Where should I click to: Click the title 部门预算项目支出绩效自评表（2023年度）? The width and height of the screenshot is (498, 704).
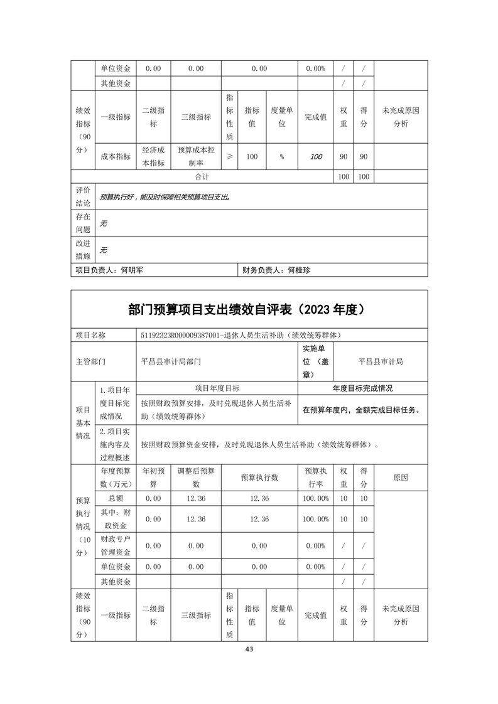click(x=249, y=309)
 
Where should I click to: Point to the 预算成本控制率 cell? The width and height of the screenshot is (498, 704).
click(x=196, y=156)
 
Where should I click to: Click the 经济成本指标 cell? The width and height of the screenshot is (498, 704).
click(x=153, y=156)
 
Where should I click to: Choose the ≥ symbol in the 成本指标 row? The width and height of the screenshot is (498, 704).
click(x=229, y=157)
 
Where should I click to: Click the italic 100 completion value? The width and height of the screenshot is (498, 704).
click(x=316, y=157)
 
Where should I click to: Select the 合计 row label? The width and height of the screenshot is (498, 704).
click(x=202, y=177)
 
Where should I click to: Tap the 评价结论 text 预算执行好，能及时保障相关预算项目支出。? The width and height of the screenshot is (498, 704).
click(x=165, y=196)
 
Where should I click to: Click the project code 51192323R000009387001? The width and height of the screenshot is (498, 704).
click(x=179, y=336)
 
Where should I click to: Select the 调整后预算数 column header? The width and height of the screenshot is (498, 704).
click(x=196, y=477)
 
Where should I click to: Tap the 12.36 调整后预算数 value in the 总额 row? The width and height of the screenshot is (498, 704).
click(x=196, y=498)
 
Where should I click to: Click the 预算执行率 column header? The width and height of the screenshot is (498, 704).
click(x=316, y=477)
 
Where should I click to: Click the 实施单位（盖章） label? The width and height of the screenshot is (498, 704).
click(x=316, y=361)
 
